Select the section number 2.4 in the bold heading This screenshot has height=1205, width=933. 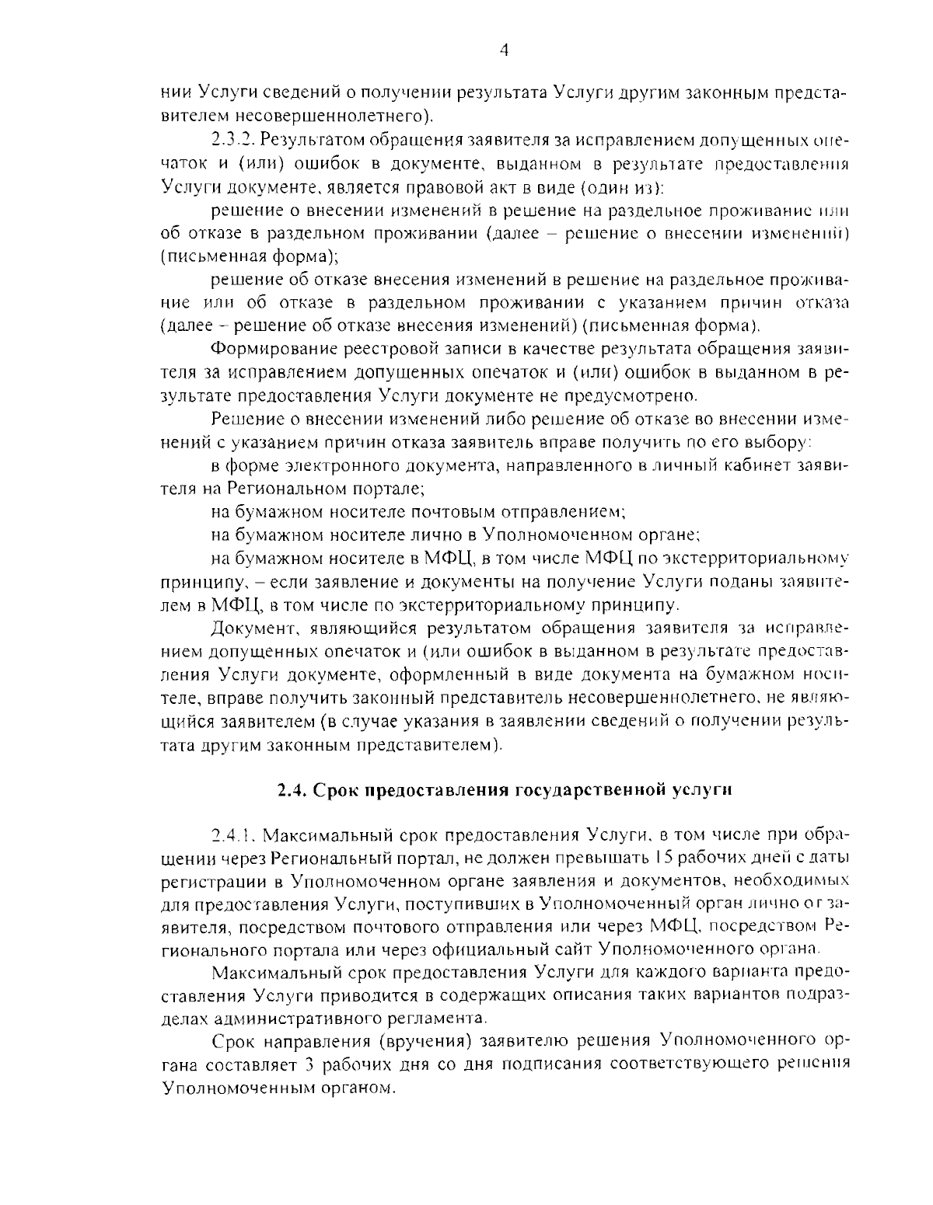(x=293, y=791)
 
